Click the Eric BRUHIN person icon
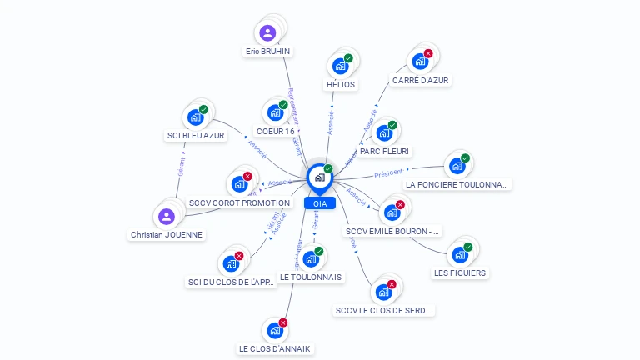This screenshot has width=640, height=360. click(x=267, y=33)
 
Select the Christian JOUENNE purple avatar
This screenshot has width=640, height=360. click(x=167, y=217)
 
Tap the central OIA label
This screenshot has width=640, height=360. click(x=320, y=203)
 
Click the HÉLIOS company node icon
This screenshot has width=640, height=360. click(x=339, y=67)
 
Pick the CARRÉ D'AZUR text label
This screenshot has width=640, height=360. click(x=420, y=81)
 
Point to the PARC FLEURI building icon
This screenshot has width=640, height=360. click(x=383, y=133)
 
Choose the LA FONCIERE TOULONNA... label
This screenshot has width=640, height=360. click(x=456, y=184)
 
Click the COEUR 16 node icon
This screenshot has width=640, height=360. click(x=274, y=113)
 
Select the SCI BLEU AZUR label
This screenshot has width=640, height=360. click(x=196, y=136)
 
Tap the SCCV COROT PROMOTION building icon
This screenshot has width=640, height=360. click(x=239, y=184)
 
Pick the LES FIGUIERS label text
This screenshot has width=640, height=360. click(x=460, y=272)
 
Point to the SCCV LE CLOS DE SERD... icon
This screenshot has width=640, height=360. click(x=383, y=292)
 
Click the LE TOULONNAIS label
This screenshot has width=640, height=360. click(x=310, y=277)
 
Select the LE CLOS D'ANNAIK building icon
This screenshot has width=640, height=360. click(x=275, y=331)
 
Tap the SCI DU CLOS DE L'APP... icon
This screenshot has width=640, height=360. click(x=231, y=264)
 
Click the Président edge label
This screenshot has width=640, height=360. click(x=388, y=173)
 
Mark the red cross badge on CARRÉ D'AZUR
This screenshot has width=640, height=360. click(x=428, y=54)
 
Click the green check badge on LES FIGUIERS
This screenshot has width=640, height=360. click(x=467, y=247)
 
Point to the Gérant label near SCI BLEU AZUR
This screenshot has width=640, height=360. click(x=181, y=167)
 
